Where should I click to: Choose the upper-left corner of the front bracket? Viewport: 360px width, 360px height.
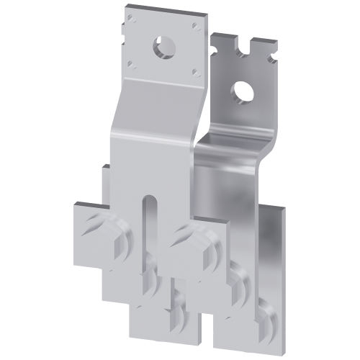point(124,10)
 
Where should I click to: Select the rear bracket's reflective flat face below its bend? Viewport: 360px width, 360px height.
point(238,180)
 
